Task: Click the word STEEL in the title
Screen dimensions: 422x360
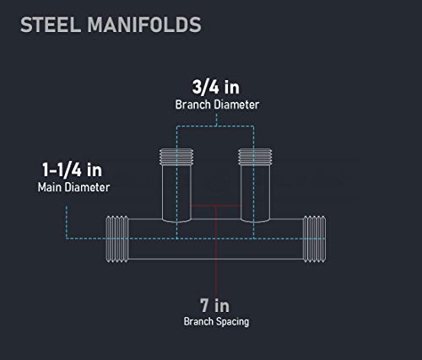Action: click(x=51, y=24)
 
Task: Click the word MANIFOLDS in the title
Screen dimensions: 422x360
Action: click(x=144, y=24)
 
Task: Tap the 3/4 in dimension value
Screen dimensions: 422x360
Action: click(x=216, y=87)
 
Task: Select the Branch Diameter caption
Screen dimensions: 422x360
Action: click(x=217, y=105)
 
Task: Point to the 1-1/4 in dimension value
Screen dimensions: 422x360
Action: click(x=72, y=170)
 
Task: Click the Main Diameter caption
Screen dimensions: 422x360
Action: click(x=73, y=187)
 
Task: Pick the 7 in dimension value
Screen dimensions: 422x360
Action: click(x=214, y=305)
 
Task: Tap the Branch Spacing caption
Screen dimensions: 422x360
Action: click(x=216, y=321)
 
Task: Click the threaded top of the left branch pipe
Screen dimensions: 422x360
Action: click(x=176, y=157)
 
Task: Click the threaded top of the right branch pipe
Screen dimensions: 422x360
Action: click(x=255, y=157)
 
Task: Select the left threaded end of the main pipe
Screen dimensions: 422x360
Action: click(x=117, y=239)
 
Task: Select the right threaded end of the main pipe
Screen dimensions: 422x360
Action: click(x=315, y=239)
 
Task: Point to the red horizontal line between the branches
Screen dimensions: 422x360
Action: click(x=216, y=206)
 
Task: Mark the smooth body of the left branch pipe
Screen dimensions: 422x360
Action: click(x=176, y=194)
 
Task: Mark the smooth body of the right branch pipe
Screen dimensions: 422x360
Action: click(x=255, y=194)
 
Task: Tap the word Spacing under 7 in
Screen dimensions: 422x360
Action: click(x=232, y=322)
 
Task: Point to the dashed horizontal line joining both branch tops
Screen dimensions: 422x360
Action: click(x=215, y=126)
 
